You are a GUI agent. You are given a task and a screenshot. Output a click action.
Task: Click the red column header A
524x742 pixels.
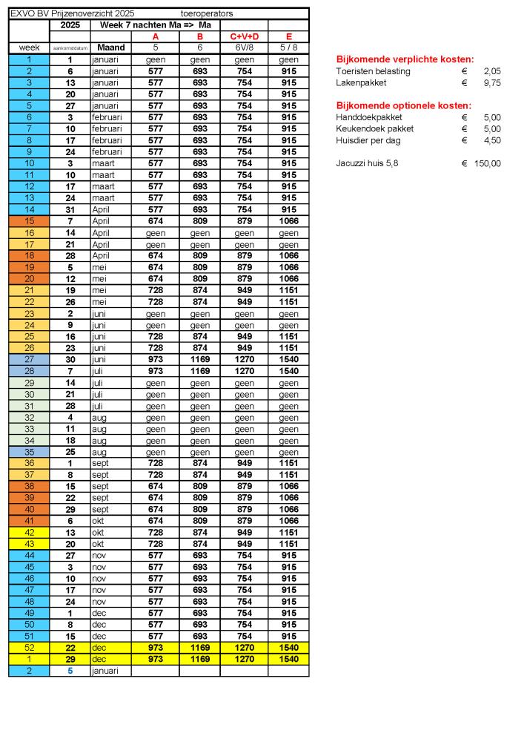(156, 36)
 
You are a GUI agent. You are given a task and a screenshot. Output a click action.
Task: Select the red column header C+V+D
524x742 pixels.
(244, 36)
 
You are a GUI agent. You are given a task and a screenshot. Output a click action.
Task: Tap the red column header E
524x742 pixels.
(288, 36)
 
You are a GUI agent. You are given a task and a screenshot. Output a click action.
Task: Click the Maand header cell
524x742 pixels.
(110, 47)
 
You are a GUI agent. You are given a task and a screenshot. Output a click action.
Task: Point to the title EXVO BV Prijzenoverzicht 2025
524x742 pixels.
(72, 13)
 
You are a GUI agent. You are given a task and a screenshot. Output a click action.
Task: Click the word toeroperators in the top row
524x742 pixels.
(207, 13)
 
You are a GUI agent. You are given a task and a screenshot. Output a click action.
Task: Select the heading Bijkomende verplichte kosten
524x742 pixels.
(405, 59)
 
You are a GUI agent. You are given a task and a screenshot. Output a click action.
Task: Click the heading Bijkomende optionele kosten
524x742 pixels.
(404, 105)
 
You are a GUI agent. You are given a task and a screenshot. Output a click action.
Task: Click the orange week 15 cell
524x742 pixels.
(29, 221)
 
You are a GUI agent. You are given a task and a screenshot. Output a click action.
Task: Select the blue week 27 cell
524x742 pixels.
(29, 359)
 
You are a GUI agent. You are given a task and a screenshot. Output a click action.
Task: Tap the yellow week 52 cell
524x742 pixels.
(29, 647)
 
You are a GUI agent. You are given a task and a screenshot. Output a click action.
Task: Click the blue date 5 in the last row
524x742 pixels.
(70, 670)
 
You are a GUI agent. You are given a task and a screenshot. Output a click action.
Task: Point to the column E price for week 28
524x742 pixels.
(288, 371)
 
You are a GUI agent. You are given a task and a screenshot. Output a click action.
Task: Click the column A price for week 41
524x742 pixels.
(156, 520)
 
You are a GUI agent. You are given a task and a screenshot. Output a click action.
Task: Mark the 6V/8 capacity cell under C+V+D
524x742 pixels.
(244, 47)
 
